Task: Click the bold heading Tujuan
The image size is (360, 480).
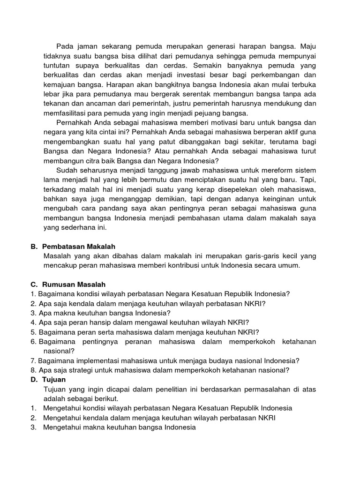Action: pyautogui.click(x=54, y=379)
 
